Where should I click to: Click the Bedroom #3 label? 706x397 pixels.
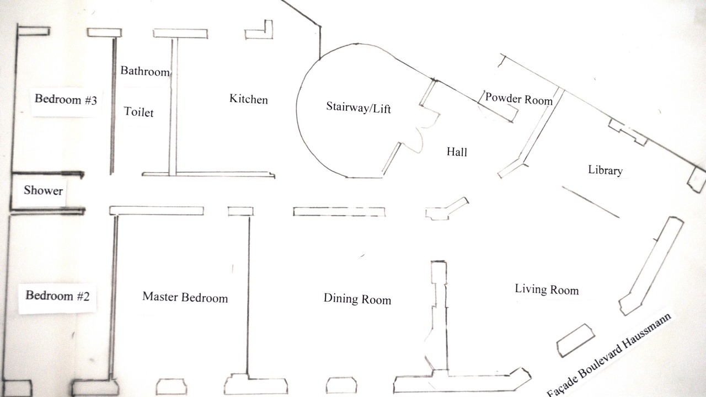(66, 100)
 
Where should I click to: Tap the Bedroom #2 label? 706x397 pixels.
(57, 295)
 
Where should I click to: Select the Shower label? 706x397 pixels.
(43, 191)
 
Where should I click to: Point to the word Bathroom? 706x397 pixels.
(145, 71)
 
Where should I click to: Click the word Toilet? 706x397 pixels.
(138, 112)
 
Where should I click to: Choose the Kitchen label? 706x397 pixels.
(249, 99)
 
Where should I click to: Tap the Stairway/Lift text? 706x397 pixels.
(359, 108)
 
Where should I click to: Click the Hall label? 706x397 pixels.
(457, 152)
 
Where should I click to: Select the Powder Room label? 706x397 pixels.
(518, 99)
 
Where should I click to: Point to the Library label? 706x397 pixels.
(605, 170)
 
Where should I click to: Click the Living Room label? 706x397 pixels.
(547, 289)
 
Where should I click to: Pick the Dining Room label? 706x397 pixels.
(357, 299)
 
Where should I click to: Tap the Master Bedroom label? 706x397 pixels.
(185, 297)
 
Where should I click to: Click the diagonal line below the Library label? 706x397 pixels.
(591, 202)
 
